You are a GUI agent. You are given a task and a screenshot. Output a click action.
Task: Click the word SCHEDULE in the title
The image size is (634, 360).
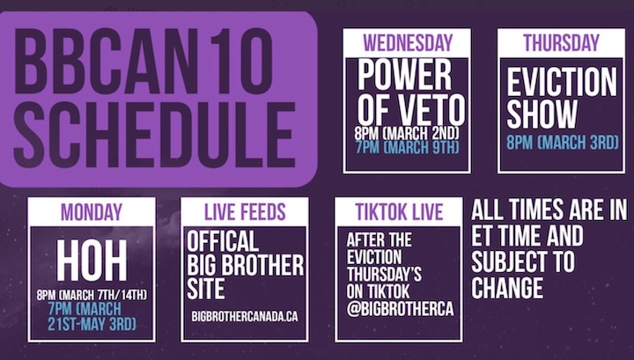[x=154, y=136]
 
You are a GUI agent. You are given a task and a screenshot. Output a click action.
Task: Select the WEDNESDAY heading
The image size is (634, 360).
[x=407, y=43]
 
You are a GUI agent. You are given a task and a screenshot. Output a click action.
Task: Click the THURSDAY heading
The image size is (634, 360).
[x=561, y=42]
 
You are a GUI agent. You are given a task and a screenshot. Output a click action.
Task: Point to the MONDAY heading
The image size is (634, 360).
[x=92, y=212]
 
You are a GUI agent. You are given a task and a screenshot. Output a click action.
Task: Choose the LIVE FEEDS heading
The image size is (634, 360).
[x=245, y=212]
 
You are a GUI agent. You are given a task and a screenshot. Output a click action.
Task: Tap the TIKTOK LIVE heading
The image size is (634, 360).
[x=399, y=212]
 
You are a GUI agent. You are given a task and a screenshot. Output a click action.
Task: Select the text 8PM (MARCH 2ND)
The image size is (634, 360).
[x=407, y=133]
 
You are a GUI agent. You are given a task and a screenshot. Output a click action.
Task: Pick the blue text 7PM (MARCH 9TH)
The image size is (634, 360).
[x=408, y=147]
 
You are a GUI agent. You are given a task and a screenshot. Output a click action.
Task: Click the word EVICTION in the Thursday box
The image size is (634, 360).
[x=562, y=82]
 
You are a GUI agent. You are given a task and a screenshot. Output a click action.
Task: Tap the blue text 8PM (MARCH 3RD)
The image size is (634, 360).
[x=563, y=143]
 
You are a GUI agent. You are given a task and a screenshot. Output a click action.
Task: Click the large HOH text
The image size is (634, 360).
[x=92, y=261]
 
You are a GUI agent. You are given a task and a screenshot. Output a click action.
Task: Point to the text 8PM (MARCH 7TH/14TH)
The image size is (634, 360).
[x=92, y=295]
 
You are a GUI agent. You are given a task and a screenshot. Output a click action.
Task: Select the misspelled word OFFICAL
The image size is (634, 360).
[x=223, y=242]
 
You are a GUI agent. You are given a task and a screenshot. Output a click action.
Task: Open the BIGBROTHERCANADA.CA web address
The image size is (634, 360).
[x=245, y=316]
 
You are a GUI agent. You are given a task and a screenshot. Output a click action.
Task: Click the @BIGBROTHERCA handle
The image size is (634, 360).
[x=400, y=309]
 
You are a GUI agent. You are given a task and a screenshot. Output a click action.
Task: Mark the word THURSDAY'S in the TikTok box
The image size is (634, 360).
[x=384, y=275]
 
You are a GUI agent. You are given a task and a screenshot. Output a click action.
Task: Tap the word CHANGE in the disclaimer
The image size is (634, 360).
[x=507, y=288]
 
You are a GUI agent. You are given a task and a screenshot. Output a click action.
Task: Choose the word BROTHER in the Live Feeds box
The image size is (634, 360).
[x=268, y=265]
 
